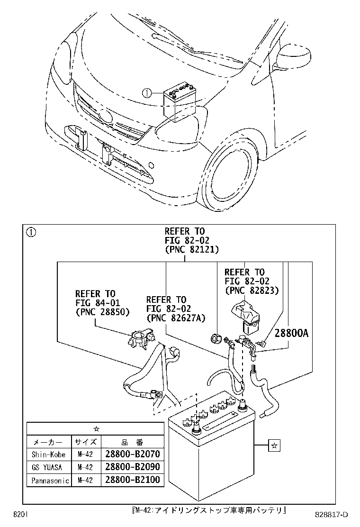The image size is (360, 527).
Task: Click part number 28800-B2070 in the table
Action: click(133, 454)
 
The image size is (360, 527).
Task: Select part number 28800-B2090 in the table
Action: click(133, 467)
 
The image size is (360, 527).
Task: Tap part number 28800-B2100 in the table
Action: click(133, 480)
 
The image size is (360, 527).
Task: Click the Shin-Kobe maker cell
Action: click(48, 454)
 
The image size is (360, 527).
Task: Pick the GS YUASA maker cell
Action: click(48, 467)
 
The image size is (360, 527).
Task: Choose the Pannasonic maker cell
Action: click(50, 480)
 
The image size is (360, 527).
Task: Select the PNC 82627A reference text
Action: click(176, 318)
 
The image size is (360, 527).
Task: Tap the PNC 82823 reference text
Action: click(252, 290)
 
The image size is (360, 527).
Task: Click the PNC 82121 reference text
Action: click(191, 249)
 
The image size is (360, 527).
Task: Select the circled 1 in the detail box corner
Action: click(31, 232)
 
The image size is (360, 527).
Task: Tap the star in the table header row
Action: click(96, 428)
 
